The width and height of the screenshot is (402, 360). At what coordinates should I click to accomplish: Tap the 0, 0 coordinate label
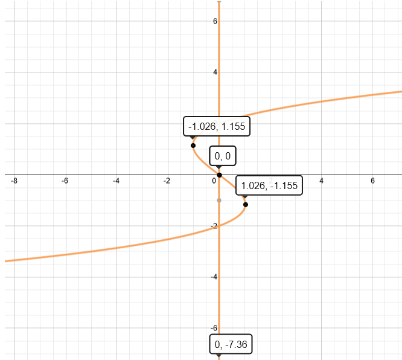pos(222,156)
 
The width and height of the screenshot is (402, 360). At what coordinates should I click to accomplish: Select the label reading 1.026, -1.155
pos(268,185)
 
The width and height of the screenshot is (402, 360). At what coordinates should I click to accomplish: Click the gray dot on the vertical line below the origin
pos(219,199)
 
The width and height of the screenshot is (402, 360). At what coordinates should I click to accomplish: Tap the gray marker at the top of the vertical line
pos(219,2)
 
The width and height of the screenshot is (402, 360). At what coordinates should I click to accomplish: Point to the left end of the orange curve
pos(6,261)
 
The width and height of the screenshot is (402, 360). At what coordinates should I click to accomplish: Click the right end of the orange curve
pos(400,92)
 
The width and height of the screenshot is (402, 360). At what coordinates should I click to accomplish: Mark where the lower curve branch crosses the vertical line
pos(219,225)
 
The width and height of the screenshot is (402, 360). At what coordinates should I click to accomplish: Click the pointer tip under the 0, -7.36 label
pos(219,356)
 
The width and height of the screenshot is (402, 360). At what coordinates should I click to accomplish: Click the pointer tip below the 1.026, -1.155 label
pos(245,199)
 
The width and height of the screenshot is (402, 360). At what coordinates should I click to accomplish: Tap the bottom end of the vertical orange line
pos(219,359)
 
